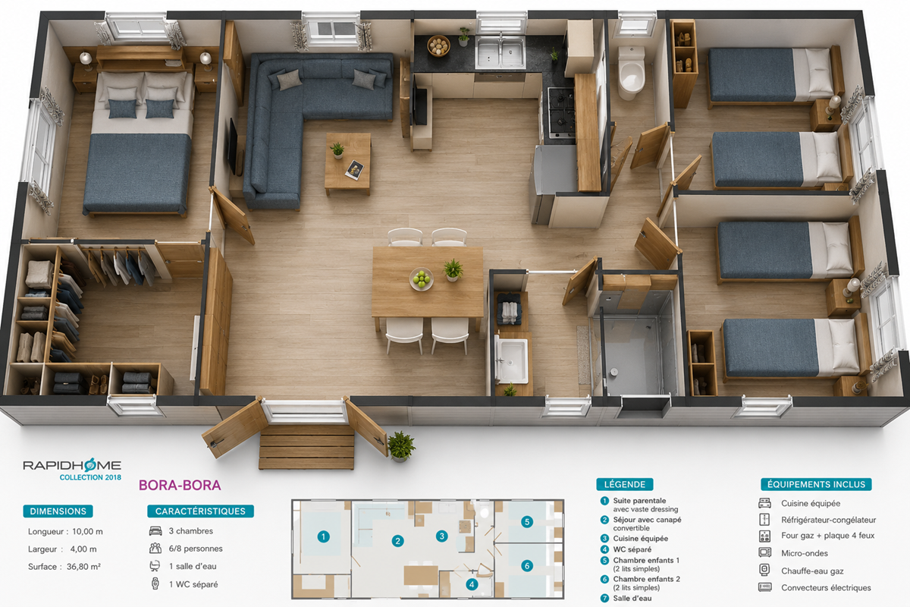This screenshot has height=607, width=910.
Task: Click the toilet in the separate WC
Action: click(631, 73)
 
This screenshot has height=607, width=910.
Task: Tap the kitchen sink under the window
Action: click(500, 52)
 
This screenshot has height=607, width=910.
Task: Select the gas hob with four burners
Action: click(561, 112)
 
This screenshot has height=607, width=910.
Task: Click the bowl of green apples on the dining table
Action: click(422, 279)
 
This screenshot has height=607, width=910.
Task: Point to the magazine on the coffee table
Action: click(354, 169)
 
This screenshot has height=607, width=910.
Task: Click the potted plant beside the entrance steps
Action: click(401, 446)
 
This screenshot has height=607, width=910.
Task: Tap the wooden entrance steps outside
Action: click(306, 446)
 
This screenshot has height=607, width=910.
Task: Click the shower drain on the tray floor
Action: click(613, 372)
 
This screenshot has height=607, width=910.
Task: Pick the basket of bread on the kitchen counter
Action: click(438, 46)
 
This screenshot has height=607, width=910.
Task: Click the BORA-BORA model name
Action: click(180, 485)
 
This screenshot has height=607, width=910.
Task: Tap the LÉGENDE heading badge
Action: click(624, 484)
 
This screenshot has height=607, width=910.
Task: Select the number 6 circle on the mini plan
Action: click(527, 565)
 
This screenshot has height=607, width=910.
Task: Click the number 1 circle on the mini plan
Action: click(323, 536)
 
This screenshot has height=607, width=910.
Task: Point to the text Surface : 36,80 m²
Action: click(64, 566)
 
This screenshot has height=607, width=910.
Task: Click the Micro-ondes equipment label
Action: click(805, 553)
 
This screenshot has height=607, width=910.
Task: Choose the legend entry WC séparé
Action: click(632, 549)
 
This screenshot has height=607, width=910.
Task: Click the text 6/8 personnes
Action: click(196, 549)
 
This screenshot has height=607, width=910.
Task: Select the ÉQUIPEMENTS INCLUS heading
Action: click(816, 484)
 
